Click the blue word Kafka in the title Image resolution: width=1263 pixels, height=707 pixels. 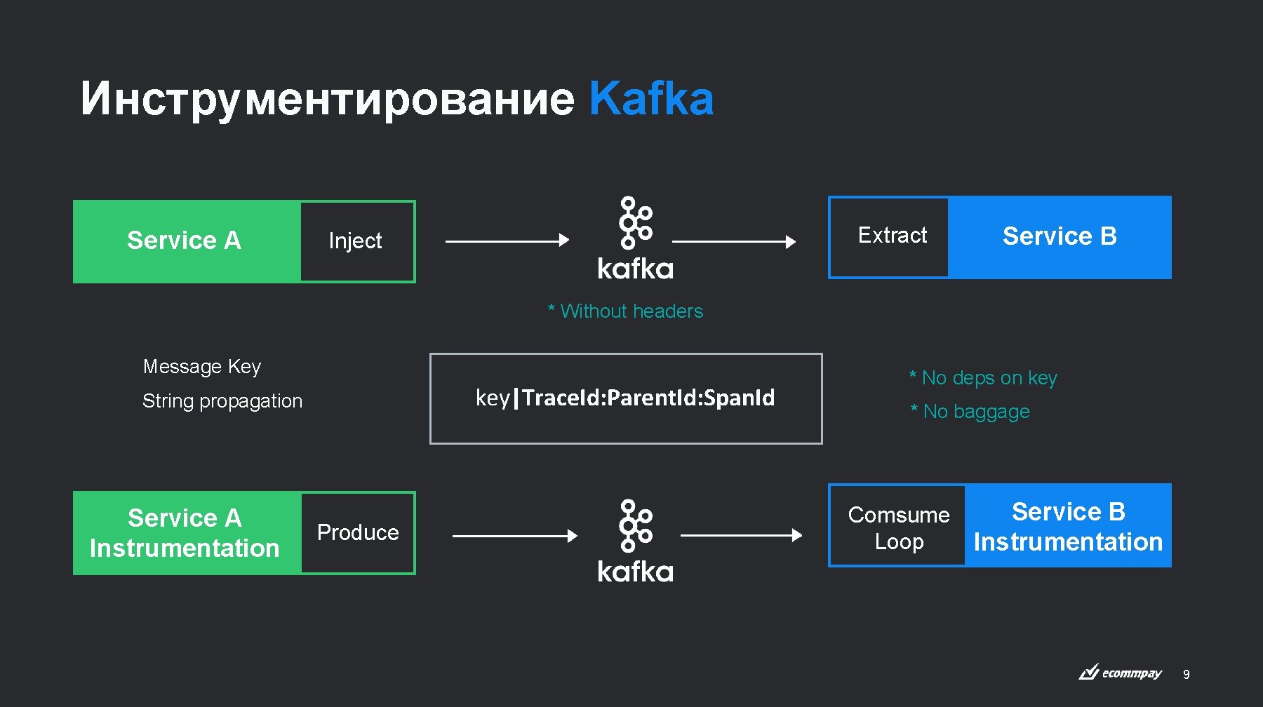pyautogui.click(x=651, y=98)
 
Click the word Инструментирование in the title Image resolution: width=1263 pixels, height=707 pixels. pyautogui.click(x=327, y=98)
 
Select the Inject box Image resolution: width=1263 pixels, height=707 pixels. pyautogui.click(x=356, y=241)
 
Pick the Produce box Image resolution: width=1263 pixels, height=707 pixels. pyautogui.click(x=357, y=533)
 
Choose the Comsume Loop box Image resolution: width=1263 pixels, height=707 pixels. pyautogui.click(x=898, y=527)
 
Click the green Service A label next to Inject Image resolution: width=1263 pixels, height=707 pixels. pyautogui.click(x=184, y=241)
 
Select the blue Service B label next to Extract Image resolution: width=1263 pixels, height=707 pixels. pyautogui.click(x=1060, y=236)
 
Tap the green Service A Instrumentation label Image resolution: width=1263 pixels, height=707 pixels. pyautogui.click(x=185, y=533)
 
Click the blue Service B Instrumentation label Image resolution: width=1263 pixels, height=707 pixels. pyautogui.click(x=1068, y=527)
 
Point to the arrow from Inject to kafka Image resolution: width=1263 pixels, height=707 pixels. pyautogui.click(x=507, y=241)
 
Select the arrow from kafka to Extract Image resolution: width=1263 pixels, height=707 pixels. pyautogui.click(x=733, y=241)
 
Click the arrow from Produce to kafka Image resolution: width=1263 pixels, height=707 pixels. pyautogui.click(x=514, y=536)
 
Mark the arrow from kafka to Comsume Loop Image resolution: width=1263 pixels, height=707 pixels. pyautogui.click(x=741, y=535)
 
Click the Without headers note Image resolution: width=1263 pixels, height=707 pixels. pyautogui.click(x=626, y=311)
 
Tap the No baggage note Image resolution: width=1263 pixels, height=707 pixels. pyautogui.click(x=970, y=412)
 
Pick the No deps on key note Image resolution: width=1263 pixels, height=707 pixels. pyautogui.click(x=983, y=378)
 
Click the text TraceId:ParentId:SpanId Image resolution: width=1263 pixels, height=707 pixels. pyautogui.click(x=648, y=398)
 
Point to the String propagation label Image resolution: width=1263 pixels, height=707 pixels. pyautogui.click(x=222, y=401)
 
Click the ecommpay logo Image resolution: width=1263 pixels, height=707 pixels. pyautogui.click(x=1121, y=673)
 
